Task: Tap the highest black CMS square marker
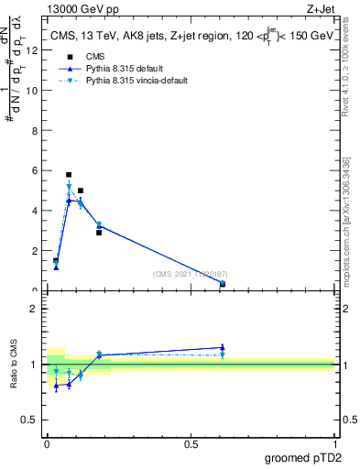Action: pyautogui.click(x=69, y=174)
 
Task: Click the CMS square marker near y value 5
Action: pyautogui.click(x=81, y=191)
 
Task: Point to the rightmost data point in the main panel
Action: pyautogui.click(x=223, y=284)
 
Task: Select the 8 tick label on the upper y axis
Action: pyautogui.click(x=35, y=130)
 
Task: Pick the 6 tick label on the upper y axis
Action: pyautogui.click(x=35, y=170)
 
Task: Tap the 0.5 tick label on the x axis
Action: pyautogui.click(x=191, y=444)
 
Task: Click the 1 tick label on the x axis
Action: pyautogui.click(x=334, y=444)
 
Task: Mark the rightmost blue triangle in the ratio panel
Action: pyautogui.click(x=223, y=347)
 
